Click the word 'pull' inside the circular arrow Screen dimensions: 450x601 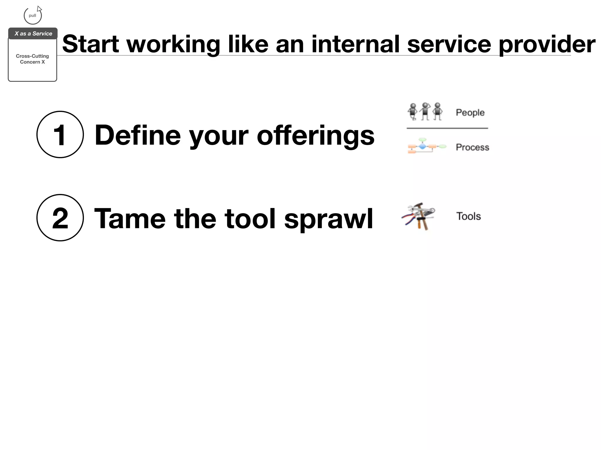(32, 16)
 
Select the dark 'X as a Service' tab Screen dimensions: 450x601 (33, 33)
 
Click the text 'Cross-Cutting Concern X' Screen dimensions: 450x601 (32, 59)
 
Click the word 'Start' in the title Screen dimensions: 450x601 (90, 44)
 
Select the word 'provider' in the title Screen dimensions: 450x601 (547, 45)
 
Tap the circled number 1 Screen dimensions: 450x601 (60, 134)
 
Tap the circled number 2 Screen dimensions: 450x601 (60, 218)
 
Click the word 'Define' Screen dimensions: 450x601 (138, 135)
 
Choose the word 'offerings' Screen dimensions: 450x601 (315, 136)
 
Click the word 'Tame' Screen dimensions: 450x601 (130, 219)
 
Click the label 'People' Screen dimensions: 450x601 (470, 112)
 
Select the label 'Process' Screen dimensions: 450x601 (472, 147)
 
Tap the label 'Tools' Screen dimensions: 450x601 (468, 216)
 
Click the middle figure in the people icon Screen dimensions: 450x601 (425, 111)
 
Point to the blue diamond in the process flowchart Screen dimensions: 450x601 (422, 146)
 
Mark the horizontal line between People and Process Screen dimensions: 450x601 (447, 128)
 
